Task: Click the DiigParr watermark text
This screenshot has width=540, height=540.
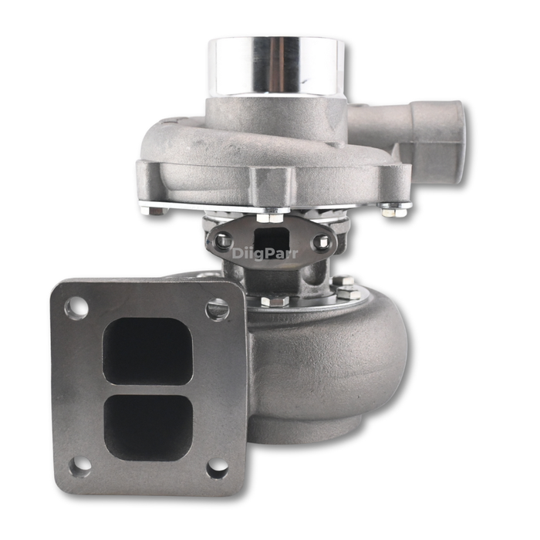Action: pos(265,254)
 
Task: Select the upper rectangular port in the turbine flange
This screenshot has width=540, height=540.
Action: pos(148,351)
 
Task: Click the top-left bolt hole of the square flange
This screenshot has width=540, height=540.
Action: pos(76,306)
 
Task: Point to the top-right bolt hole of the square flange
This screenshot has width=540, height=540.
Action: pos(217,309)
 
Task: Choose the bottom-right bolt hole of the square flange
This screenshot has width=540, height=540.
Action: pos(218,469)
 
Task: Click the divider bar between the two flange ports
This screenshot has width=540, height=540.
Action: pos(148,390)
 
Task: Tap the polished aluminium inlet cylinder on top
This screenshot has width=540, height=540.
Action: pos(276,66)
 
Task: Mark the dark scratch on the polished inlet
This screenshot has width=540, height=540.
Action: pos(307,82)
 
